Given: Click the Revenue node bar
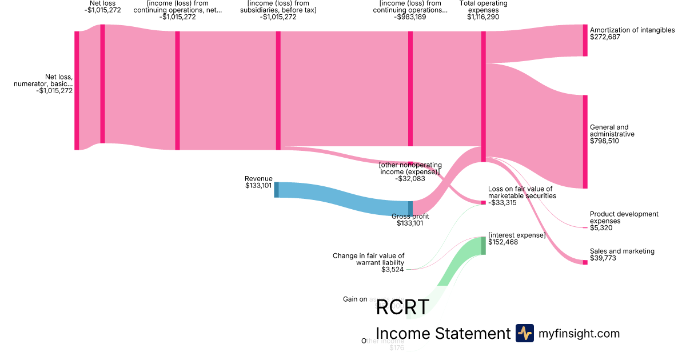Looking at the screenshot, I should [277, 190].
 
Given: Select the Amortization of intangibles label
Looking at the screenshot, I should [632, 30].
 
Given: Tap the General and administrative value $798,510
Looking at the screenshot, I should [604, 141].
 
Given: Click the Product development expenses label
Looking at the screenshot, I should [624, 218].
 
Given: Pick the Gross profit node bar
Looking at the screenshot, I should [410, 209].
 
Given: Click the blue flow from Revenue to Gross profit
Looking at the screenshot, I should [343, 198].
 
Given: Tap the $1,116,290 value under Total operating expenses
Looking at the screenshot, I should [483, 17].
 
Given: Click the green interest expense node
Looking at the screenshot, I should [483, 246].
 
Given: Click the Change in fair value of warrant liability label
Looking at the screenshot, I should [368, 259].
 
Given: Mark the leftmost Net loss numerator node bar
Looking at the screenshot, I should [77, 90].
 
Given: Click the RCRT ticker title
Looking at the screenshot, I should [402, 307].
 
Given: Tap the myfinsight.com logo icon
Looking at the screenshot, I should [524, 333].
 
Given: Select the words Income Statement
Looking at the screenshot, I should [442, 333].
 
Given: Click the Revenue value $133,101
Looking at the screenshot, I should [258, 185].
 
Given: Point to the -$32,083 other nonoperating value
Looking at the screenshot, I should [410, 178].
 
